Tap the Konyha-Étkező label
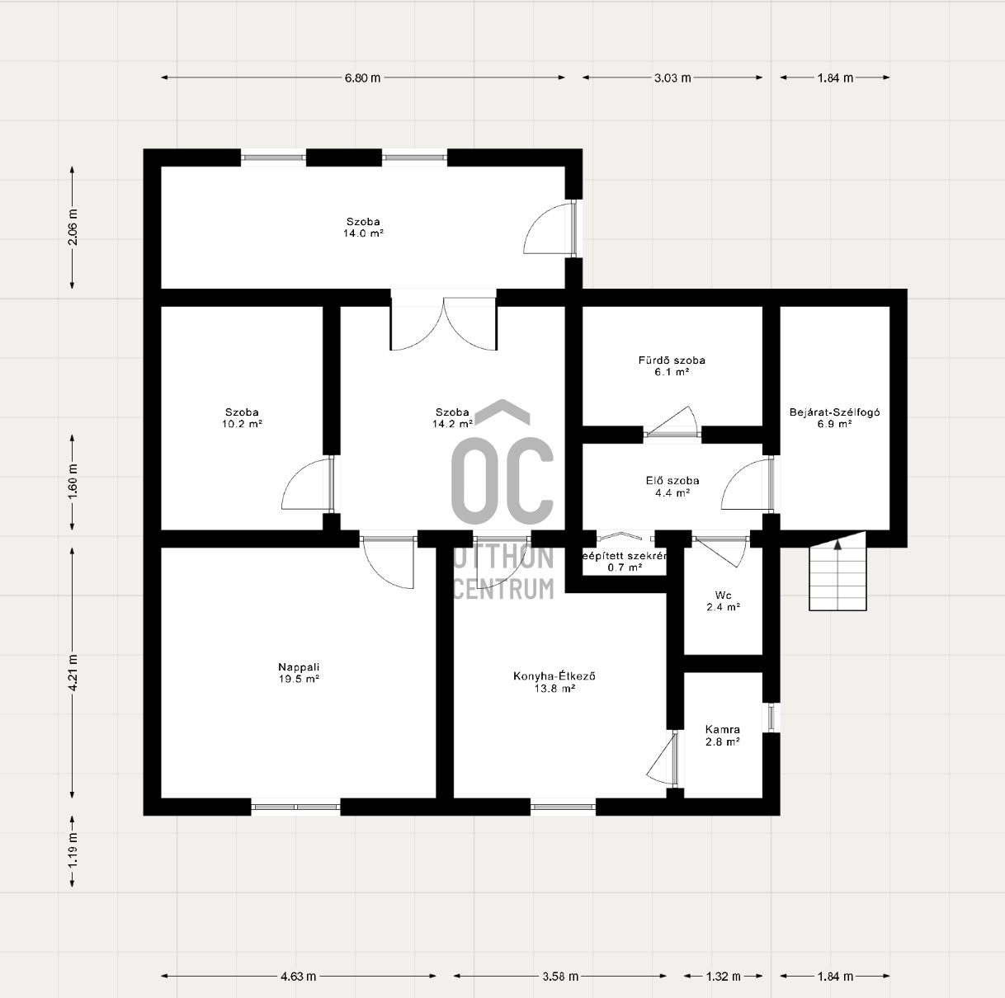pos(554,676)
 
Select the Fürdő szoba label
pos(672,360)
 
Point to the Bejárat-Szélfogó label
pos(834,412)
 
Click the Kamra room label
pos(722,730)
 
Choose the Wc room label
pos(723,595)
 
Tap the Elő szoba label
pos(672,481)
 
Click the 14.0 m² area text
pos(364,233)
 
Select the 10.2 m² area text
pos(243,424)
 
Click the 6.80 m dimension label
pos(363,78)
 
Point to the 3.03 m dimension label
pos(672,78)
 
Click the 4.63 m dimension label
pos(298,977)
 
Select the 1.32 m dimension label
pos(723,977)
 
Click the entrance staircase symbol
pos(837,578)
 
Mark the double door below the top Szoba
pos(444,324)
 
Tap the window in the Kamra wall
pos(771,717)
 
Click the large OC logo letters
pos(503,478)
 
